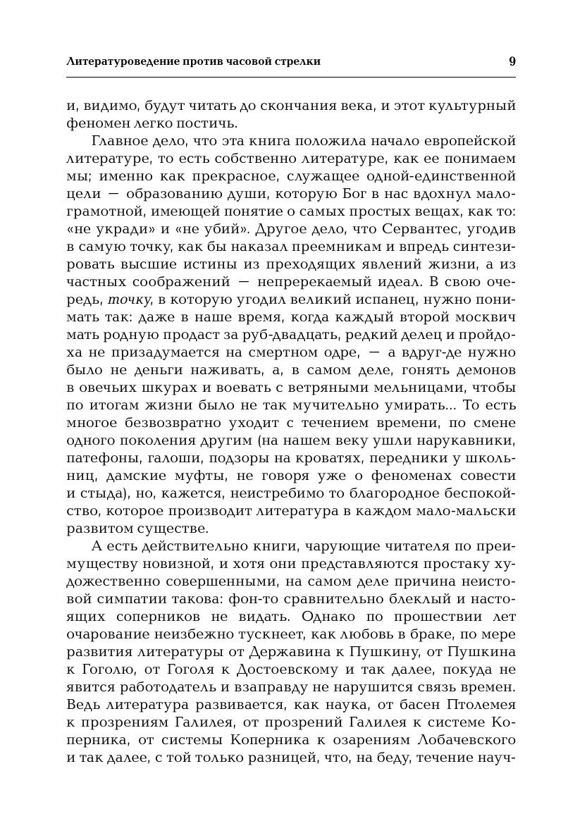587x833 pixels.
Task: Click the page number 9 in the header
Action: coord(512,61)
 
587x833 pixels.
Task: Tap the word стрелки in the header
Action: coord(297,61)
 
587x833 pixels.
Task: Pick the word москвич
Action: coord(481,317)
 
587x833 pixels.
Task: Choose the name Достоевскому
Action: coord(307,668)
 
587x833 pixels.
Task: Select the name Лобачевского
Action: coord(459,739)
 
